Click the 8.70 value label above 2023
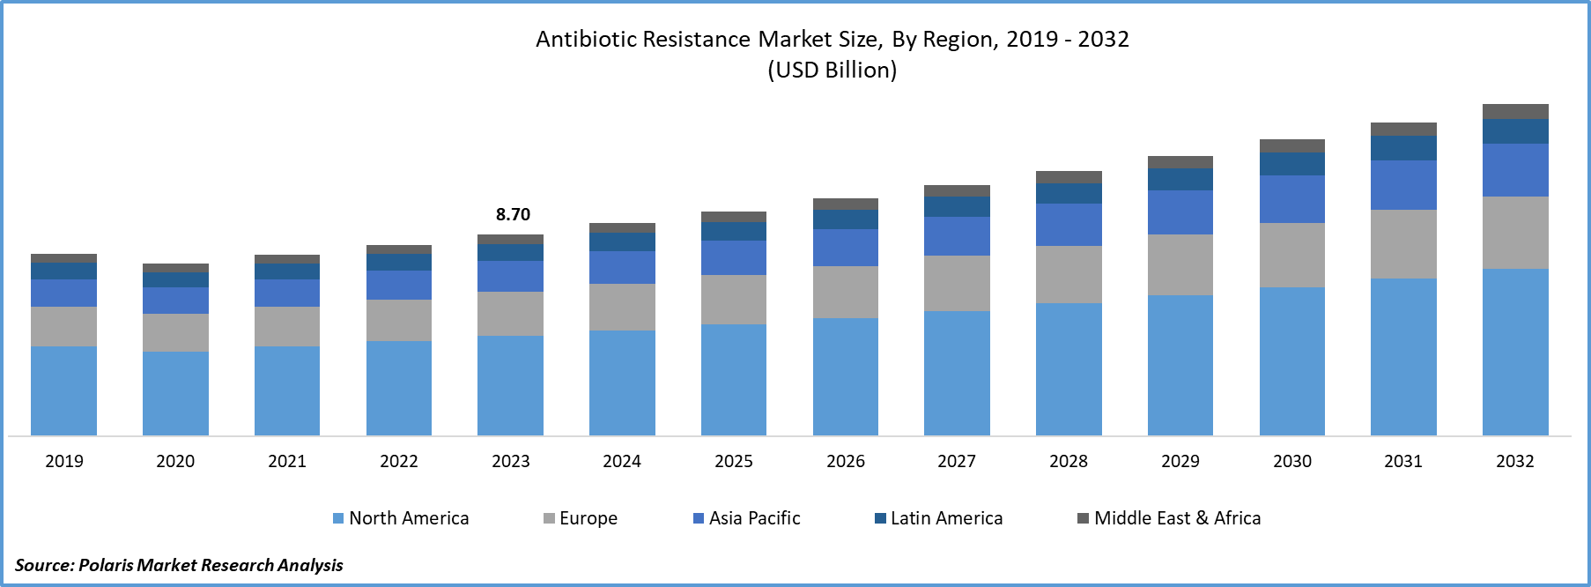(513, 214)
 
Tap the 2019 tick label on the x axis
(64, 461)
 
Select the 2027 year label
(957, 461)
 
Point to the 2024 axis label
(622, 461)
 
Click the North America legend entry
(401, 518)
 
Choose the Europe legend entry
(581, 518)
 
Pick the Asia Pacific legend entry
(747, 518)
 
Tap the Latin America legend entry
(938, 518)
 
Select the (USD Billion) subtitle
(832, 70)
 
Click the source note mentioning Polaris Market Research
(179, 564)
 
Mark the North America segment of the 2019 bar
(63, 390)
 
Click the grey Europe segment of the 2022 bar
(399, 320)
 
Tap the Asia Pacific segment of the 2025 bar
(734, 257)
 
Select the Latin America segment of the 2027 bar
(957, 207)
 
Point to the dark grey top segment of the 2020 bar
(175, 268)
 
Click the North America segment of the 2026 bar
(846, 376)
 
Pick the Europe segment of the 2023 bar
(510, 313)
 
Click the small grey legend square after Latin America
(1084, 518)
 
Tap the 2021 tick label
(287, 461)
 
